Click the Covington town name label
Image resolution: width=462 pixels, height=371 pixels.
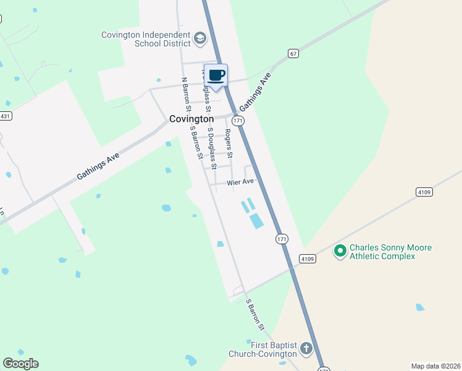[x=191, y=119]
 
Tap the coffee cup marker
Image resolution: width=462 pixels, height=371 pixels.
[x=216, y=76]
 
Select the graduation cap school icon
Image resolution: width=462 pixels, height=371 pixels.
[x=199, y=39]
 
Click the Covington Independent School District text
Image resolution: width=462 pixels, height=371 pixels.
[x=146, y=39]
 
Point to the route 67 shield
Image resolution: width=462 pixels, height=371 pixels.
[x=293, y=54]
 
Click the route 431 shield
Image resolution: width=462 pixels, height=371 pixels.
[x=5, y=116]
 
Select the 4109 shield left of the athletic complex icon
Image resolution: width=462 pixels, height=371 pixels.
[x=308, y=258]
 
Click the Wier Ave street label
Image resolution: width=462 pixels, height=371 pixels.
[x=240, y=182]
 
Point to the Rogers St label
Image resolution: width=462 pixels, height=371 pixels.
[x=229, y=143]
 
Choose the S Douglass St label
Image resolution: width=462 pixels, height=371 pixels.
[x=212, y=148]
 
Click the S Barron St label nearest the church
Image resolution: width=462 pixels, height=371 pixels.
[x=255, y=315]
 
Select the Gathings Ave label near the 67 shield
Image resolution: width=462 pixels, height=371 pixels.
[x=256, y=94]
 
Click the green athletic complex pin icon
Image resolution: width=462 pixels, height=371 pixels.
[x=340, y=251]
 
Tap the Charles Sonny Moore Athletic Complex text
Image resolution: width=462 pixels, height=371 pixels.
[x=390, y=252]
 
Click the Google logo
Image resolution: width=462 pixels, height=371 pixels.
[x=20, y=363]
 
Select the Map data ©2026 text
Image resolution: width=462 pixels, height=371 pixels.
[x=435, y=366]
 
